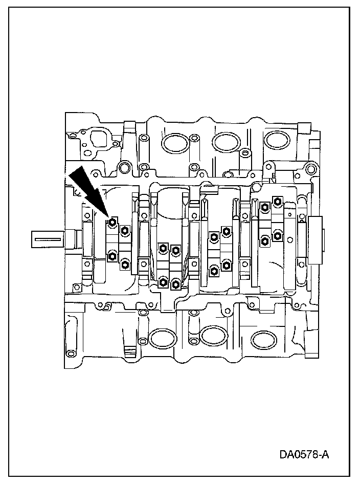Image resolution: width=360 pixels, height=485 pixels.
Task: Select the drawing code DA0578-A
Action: tap(304, 454)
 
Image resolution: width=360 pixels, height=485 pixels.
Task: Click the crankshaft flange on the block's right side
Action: tap(317, 239)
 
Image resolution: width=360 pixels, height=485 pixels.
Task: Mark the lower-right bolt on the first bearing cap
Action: tap(125, 264)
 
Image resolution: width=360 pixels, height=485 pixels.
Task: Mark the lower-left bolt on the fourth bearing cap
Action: tap(265, 240)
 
